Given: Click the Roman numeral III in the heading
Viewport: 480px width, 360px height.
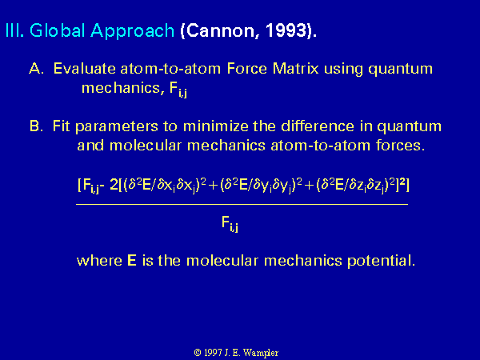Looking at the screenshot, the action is (x=14, y=30).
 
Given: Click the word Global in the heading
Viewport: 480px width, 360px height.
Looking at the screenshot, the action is (x=57, y=30).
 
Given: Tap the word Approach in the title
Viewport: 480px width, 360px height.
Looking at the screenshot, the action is (x=132, y=31).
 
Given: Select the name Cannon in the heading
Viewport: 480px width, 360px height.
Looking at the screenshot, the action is (x=220, y=31).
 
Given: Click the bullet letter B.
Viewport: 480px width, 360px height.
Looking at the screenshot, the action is (x=36, y=126).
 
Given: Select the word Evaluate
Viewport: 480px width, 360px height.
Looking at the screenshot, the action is (x=84, y=68).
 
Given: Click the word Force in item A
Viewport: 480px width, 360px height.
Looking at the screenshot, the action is (x=247, y=68).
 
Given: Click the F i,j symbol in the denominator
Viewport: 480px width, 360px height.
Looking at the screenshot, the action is (x=230, y=224).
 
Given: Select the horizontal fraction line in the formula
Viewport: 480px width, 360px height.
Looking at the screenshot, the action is (x=242, y=203).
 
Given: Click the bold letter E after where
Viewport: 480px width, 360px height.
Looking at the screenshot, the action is (x=132, y=261).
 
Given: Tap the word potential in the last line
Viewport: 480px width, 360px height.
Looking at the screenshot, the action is (x=381, y=261).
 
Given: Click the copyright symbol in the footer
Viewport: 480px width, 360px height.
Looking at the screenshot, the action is (x=198, y=353).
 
